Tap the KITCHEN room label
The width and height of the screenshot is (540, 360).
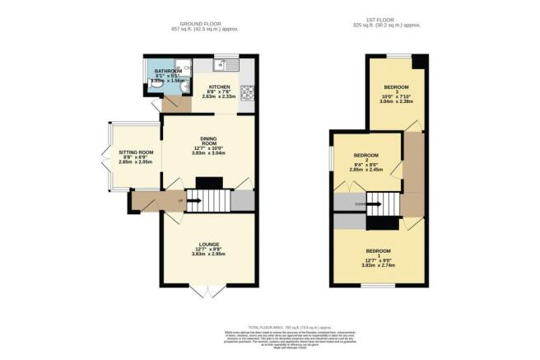[x=219, y=85]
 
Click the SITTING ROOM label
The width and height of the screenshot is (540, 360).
[x=137, y=152]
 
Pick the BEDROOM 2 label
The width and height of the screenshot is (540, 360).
[x=365, y=156]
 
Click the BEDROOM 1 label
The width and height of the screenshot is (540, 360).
[x=379, y=250]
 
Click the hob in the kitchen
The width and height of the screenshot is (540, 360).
[x=247, y=91]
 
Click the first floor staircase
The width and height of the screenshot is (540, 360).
[x=379, y=201]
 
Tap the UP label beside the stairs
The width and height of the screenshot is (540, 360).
[x=180, y=200]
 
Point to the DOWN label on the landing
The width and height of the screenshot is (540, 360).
[x=349, y=201]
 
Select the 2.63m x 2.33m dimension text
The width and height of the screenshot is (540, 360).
[x=219, y=96]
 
